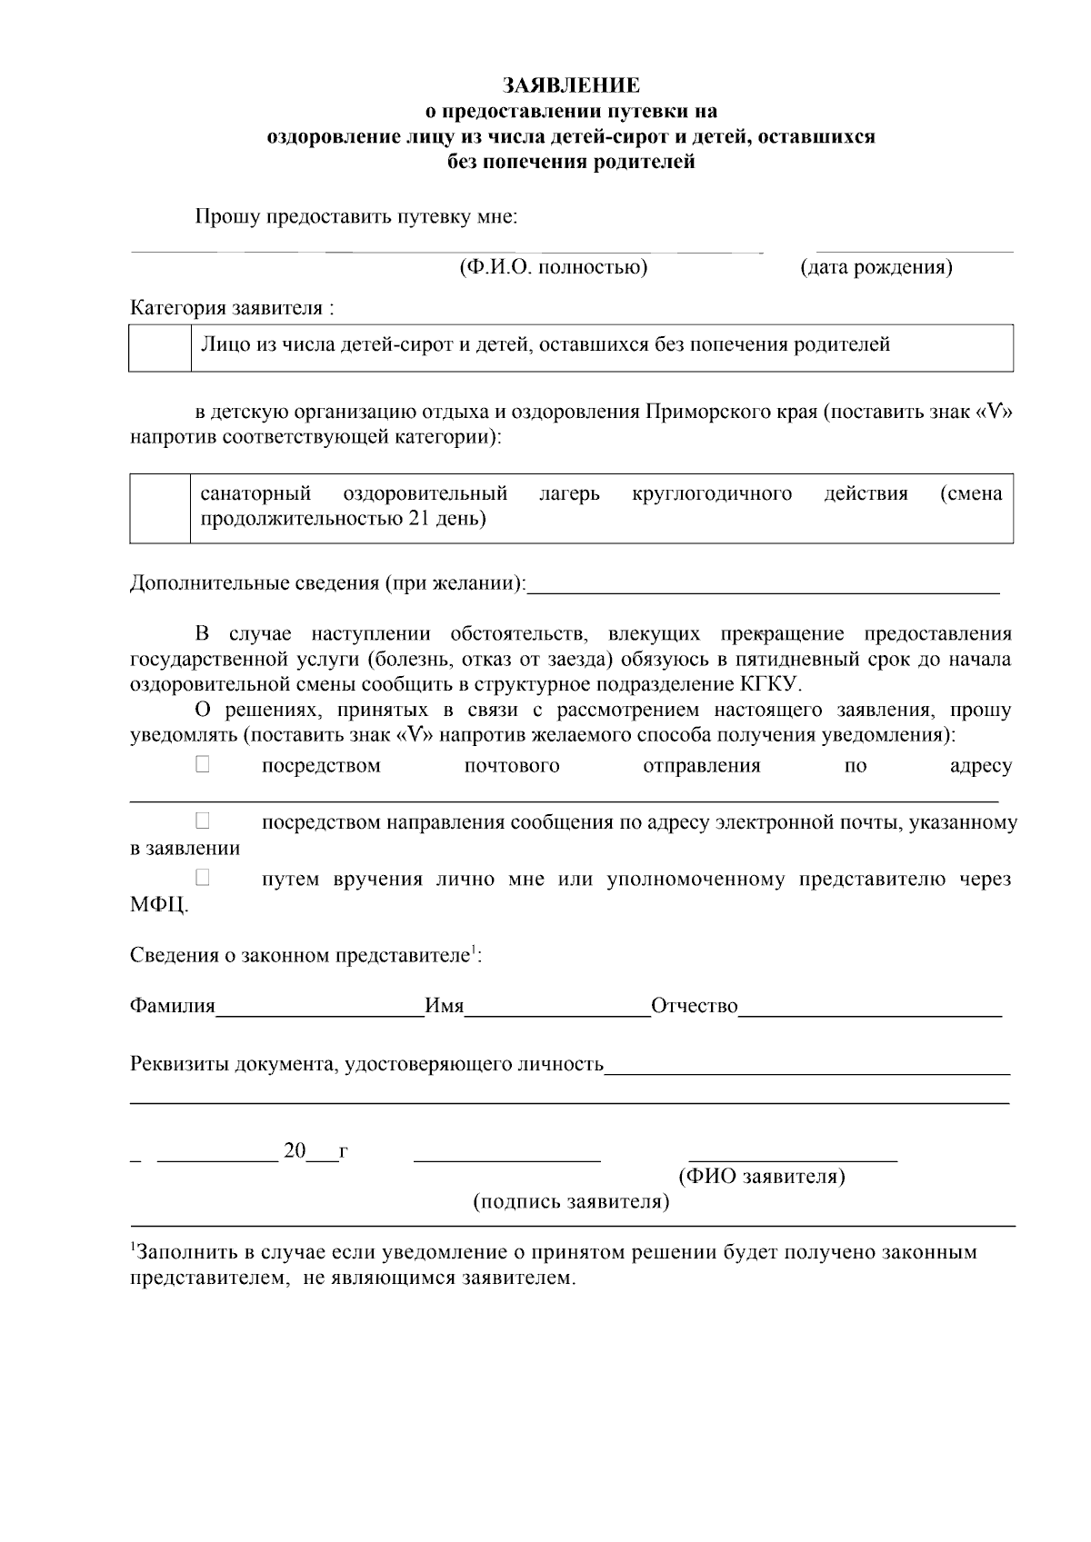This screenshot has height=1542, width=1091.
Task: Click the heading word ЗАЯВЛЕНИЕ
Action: (x=572, y=85)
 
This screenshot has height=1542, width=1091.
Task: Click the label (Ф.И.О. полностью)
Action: (x=553, y=267)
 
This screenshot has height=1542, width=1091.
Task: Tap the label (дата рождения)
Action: (x=876, y=267)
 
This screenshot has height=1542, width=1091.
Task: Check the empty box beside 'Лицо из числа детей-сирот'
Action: (x=160, y=348)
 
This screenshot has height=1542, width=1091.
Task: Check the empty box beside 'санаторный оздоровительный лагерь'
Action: (x=160, y=508)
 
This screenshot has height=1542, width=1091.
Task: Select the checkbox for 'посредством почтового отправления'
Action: (x=202, y=765)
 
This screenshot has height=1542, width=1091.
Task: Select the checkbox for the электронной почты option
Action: (x=202, y=821)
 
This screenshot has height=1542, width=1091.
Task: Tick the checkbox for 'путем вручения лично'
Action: (x=202, y=878)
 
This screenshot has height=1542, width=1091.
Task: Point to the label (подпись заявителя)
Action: (x=571, y=1202)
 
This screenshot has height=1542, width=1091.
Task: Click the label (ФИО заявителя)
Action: (x=762, y=1177)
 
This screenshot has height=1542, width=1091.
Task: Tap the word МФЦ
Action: (x=158, y=905)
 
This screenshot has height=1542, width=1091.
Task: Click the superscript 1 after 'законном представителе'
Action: (x=473, y=950)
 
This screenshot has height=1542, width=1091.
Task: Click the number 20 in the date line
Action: (x=295, y=1151)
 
